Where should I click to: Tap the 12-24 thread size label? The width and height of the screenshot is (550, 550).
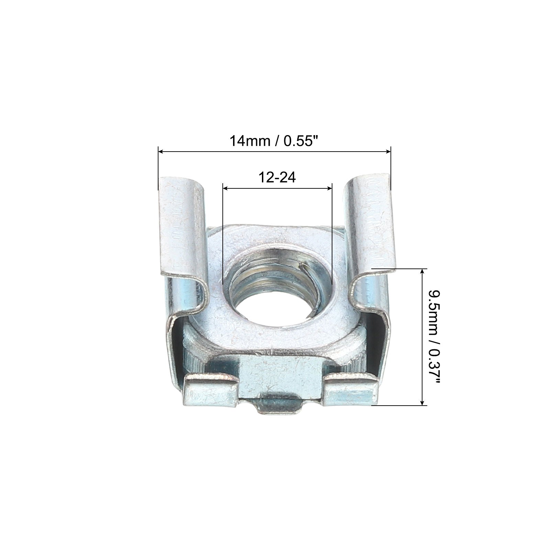pyautogui.click(x=277, y=178)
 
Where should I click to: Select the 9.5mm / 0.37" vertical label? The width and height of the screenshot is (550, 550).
pyautogui.click(x=434, y=339)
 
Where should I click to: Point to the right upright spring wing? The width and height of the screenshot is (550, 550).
pyautogui.click(x=370, y=237)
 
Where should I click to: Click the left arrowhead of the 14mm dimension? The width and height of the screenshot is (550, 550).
pyautogui.click(x=161, y=151)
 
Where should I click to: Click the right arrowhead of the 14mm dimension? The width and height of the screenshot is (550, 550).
pyautogui.click(x=387, y=151)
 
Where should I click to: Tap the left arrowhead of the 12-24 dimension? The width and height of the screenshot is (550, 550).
pyautogui.click(x=226, y=188)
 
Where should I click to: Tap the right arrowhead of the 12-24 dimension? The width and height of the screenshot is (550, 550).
pyautogui.click(x=329, y=188)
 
